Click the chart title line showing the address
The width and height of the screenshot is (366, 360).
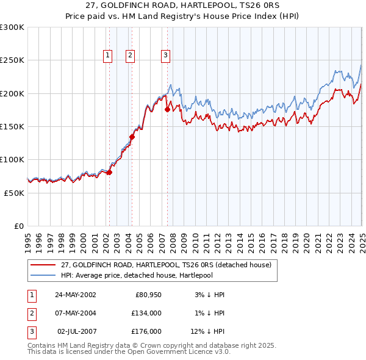point(183,6)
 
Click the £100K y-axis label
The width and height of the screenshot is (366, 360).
point(12,159)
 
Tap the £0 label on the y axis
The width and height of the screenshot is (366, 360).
point(18,226)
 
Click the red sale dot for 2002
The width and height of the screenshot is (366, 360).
point(109,173)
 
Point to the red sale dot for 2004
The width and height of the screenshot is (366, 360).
point(132,137)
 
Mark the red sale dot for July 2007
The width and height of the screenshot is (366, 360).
point(167,110)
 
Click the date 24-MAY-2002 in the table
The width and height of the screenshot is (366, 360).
point(75,295)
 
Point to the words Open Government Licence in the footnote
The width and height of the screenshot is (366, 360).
point(183,351)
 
